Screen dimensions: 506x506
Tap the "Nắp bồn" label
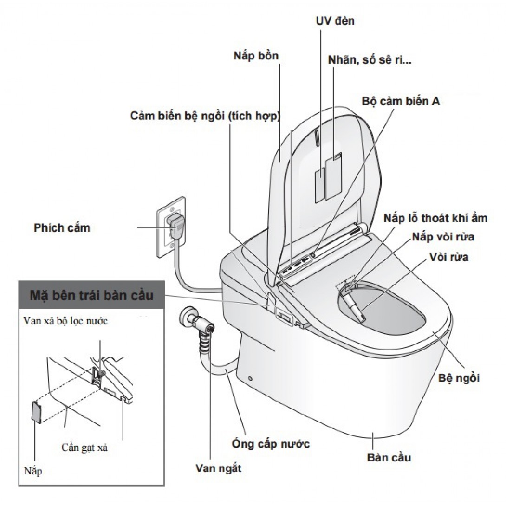256,56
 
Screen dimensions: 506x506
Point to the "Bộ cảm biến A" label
401,101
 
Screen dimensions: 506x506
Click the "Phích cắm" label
62,228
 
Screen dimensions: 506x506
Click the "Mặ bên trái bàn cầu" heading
91,296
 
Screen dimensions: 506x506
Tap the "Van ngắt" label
218,468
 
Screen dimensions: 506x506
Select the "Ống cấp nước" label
271,443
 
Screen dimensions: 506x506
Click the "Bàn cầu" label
389,457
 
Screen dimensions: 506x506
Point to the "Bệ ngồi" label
459,378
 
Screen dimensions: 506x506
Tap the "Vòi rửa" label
449,257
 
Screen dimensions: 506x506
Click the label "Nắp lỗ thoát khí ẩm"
436,218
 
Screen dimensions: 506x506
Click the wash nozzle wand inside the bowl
355,309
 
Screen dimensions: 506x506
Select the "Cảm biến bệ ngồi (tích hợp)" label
205,116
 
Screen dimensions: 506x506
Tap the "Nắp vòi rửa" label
443,237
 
